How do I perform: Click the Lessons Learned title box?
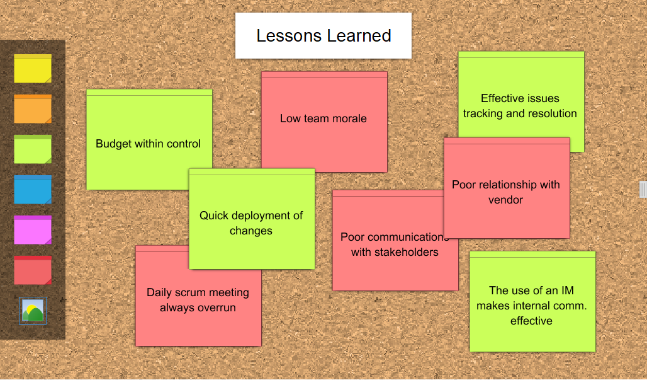[323, 35]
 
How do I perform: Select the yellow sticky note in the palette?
[33, 69]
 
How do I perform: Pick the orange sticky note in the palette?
[33, 108]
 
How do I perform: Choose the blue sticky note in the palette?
[33, 190]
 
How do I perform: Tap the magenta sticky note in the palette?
[33, 229]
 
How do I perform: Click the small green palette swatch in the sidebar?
[33, 149]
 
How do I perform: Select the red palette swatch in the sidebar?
[33, 270]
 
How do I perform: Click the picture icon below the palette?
[33, 311]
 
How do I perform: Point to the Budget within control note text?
[148, 144]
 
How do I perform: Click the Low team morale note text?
[323, 118]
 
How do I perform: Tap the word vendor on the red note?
[505, 200]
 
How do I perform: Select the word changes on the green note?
[251, 231]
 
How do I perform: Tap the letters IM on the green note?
[567, 291]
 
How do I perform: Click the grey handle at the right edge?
[643, 190]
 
